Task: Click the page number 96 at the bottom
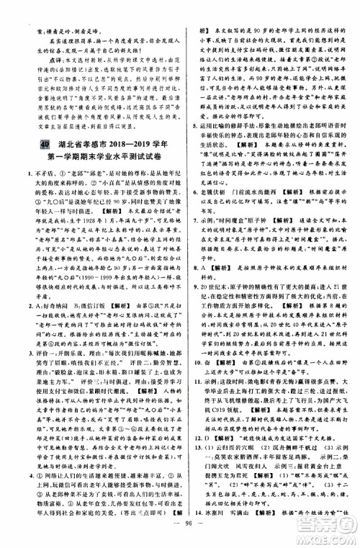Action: coord(180,538)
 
